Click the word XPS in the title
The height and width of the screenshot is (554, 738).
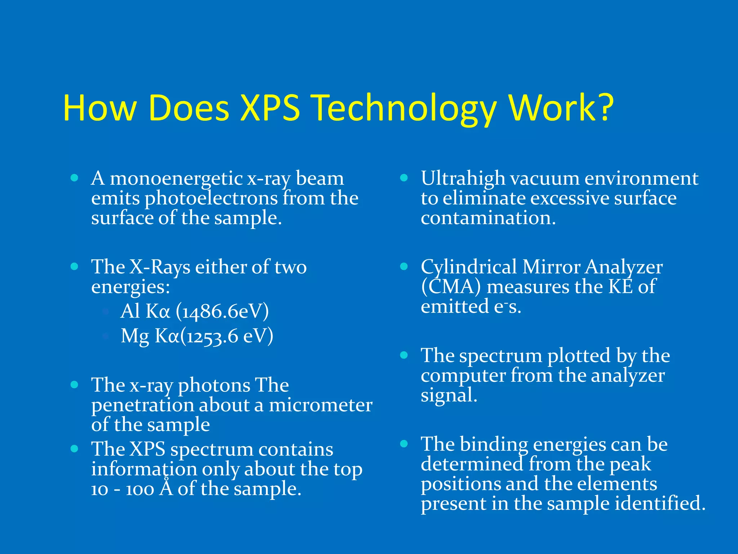(x=270, y=108)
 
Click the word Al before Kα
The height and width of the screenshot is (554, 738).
(x=130, y=311)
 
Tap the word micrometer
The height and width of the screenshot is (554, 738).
(x=321, y=405)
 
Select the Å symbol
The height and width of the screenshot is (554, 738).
(x=166, y=488)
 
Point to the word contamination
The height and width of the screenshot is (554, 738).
(x=488, y=218)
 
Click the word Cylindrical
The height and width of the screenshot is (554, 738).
(x=469, y=267)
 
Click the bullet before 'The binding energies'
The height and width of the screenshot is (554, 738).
(x=404, y=444)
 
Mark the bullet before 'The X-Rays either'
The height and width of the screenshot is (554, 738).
(x=75, y=267)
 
